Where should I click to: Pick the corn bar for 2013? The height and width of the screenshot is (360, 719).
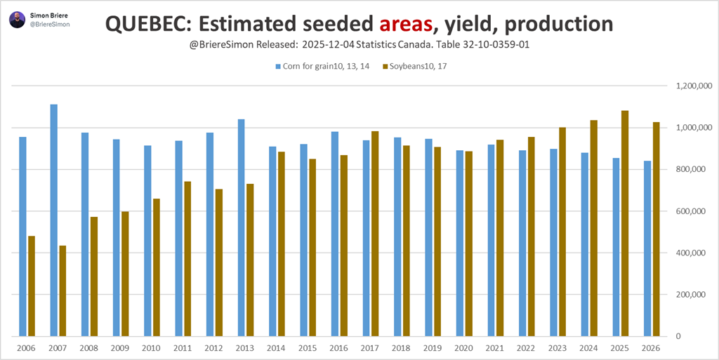tap(241, 227)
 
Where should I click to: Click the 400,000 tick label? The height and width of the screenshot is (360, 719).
tap(691, 253)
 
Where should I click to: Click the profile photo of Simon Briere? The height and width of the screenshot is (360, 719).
tap(17, 19)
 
